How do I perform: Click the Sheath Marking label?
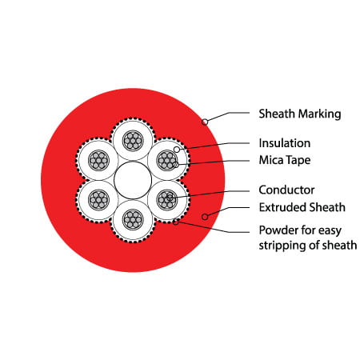pyautogui.click(x=300, y=114)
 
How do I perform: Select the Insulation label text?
pyautogui.click(x=285, y=143)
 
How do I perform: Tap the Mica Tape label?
pyautogui.click(x=285, y=160)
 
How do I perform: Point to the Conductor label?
pyautogui.click(x=286, y=190)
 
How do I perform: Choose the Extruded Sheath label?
pyautogui.click(x=302, y=207)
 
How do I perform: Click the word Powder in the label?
pyautogui.click(x=278, y=230)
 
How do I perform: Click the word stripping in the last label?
pyautogui.click(x=282, y=246)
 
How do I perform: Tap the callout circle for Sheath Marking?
pyautogui.click(x=205, y=122)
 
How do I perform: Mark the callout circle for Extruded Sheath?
pyautogui.click(x=205, y=217)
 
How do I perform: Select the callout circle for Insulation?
pyautogui.click(x=177, y=150)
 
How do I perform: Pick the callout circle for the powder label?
pyautogui.click(x=176, y=222)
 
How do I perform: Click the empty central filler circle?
pyautogui.click(x=133, y=180)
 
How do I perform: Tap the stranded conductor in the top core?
pyautogui.click(x=133, y=141)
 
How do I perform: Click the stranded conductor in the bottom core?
pyautogui.click(x=133, y=220)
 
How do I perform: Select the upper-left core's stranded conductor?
pyautogui.click(x=98, y=161)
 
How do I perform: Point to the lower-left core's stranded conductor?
pyautogui.click(x=98, y=200)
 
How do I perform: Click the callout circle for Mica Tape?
pyautogui.click(x=176, y=165)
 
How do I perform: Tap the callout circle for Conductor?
pyautogui.click(x=170, y=198)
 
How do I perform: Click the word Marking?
pyautogui.click(x=320, y=114)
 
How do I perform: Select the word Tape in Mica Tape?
pyautogui.click(x=298, y=160)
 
